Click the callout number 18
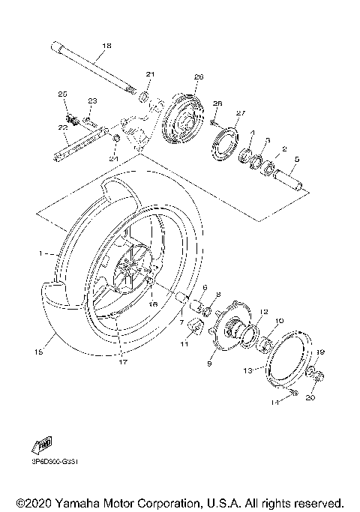[106, 46]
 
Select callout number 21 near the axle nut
[149, 74]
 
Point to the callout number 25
[63, 94]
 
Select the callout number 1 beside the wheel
[41, 254]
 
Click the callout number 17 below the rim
[121, 361]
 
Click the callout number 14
[274, 403]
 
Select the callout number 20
[310, 397]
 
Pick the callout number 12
[242, 312]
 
